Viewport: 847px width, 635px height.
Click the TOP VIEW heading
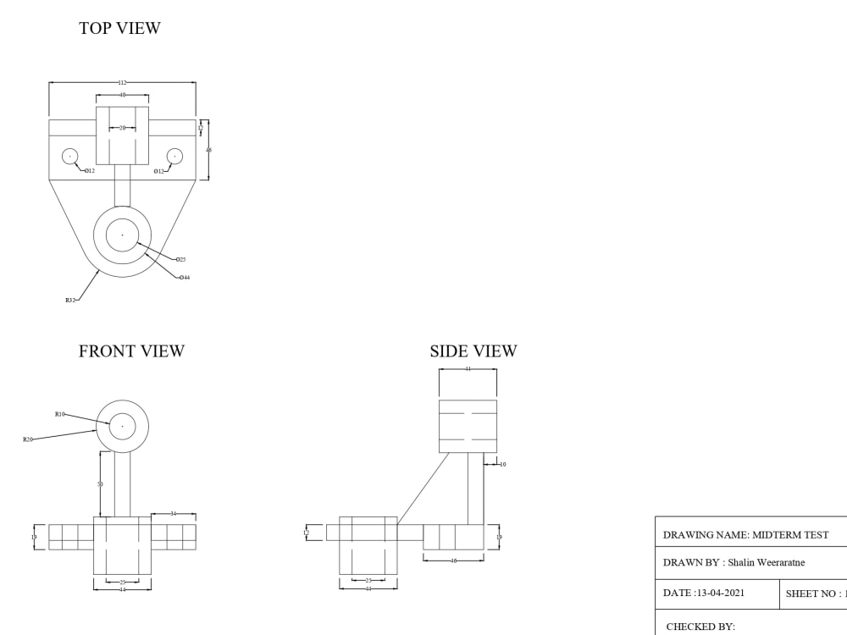119,28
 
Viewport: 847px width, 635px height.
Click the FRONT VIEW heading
131,351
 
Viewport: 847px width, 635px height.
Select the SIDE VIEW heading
473,351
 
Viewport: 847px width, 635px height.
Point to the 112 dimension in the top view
122,82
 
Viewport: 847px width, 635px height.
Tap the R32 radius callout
69,300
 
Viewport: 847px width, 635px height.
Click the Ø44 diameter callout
184,277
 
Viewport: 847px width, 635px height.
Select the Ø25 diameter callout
180,259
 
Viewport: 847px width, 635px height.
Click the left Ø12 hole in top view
69,156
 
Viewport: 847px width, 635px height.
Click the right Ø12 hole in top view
174,156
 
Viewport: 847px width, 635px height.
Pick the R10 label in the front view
60,414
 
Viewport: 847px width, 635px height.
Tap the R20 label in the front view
28,439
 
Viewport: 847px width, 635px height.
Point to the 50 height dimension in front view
100,484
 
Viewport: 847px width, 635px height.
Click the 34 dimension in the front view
173,513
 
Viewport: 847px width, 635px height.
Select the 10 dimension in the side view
502,464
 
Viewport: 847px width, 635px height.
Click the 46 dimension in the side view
453,560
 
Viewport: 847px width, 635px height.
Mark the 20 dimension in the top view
122,128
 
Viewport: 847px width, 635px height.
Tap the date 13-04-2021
719,593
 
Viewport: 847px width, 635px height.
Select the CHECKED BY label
700,627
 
